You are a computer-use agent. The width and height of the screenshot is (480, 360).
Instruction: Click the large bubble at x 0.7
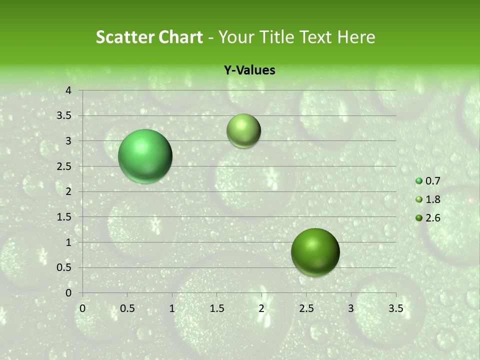(145, 156)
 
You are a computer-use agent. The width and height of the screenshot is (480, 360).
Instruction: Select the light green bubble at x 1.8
(243, 131)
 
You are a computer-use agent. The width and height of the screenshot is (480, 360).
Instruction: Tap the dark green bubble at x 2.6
(315, 252)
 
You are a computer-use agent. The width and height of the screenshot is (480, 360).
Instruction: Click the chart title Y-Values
(249, 70)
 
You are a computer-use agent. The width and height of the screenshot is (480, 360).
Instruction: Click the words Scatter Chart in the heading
(149, 37)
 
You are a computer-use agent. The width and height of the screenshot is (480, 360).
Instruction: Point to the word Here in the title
(355, 37)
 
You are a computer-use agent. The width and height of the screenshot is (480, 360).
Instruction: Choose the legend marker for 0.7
(419, 181)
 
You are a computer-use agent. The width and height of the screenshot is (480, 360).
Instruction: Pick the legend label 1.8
(432, 199)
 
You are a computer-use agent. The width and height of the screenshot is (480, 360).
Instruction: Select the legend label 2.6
(432, 218)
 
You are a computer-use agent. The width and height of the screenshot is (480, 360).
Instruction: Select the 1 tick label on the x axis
(172, 308)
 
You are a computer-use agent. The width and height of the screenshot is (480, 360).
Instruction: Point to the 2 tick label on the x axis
(261, 308)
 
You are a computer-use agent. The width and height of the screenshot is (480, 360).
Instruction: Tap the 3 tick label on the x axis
(351, 308)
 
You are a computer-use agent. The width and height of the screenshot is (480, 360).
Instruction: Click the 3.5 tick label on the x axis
(395, 308)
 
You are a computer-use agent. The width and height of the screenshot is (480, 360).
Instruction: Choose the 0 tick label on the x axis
(82, 308)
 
